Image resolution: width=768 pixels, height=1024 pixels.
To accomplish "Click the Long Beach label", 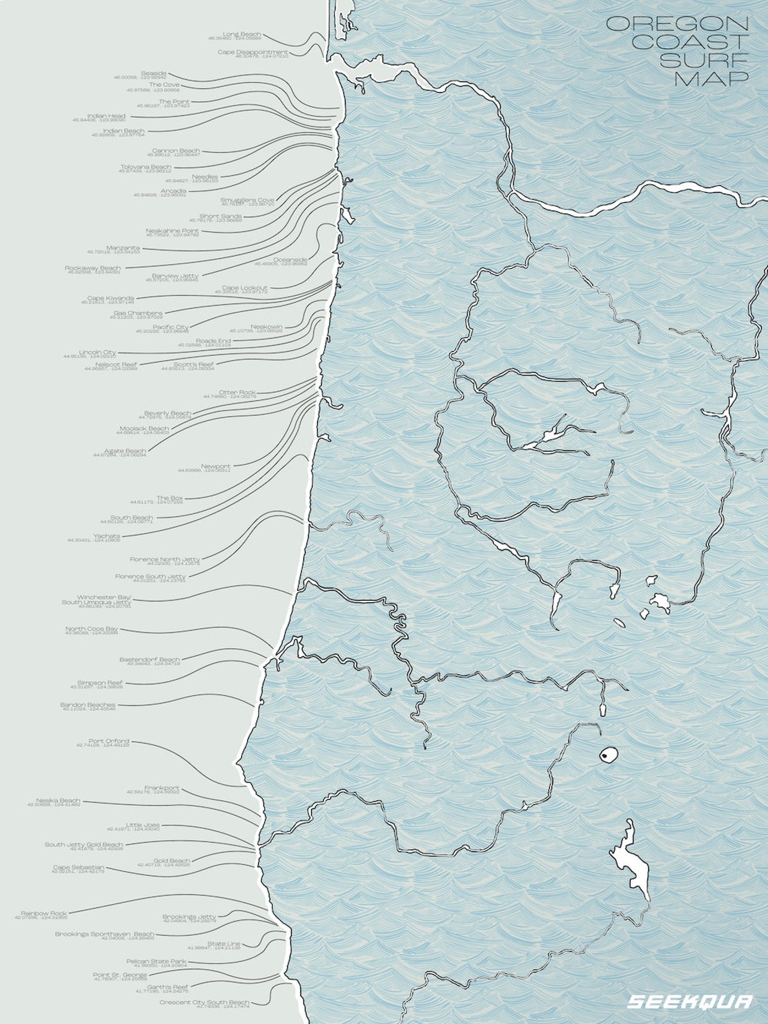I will pos(242,34).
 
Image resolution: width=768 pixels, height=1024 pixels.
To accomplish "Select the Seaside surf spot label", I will pos(154,73).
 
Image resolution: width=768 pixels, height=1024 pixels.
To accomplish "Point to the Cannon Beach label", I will pos(176,150).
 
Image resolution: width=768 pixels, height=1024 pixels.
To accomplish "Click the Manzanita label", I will pos(123,247).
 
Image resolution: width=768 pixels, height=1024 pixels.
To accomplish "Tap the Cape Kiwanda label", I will pos(110,298).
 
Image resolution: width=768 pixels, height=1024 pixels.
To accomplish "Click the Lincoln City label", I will pos(98,352).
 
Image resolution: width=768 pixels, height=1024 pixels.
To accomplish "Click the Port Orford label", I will pos(108,741).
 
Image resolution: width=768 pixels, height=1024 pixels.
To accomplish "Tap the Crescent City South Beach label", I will pos(204,1002).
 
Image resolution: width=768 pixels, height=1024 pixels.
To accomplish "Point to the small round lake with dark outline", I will pos(609,756).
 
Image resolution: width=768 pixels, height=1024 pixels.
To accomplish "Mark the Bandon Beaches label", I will pos(88,705).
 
